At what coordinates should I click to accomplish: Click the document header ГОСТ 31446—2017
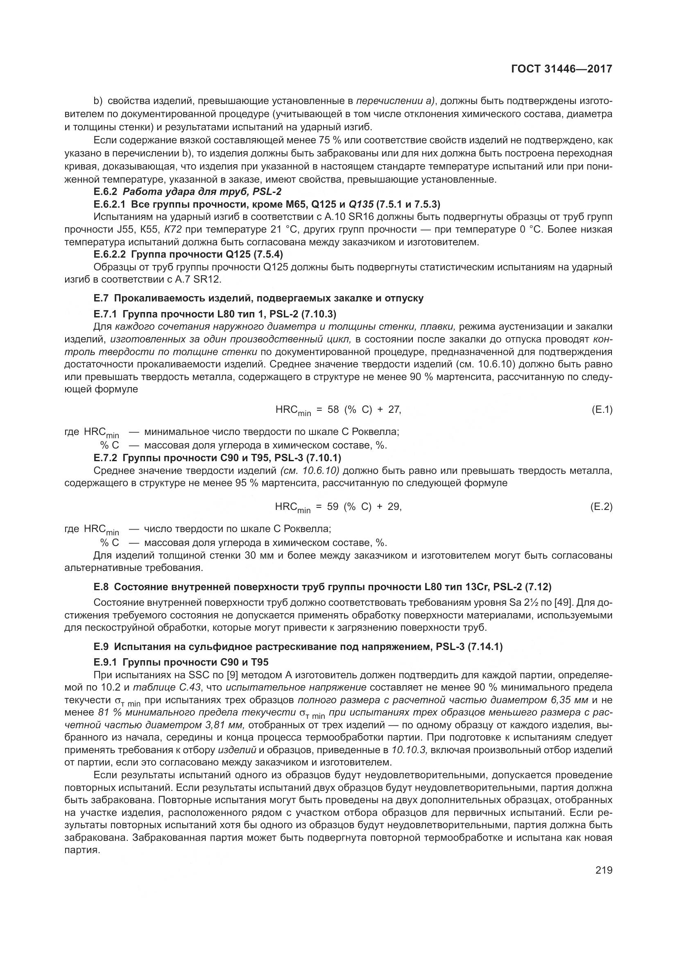562,69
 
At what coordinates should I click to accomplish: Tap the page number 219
604,870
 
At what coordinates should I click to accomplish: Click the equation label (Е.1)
602,410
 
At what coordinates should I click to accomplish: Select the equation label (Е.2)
602,507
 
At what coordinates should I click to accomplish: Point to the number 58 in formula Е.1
333,410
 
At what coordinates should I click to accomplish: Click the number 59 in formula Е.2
333,507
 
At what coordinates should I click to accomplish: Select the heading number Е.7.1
106,313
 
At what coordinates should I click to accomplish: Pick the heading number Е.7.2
106,458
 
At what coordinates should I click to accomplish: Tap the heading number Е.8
101,587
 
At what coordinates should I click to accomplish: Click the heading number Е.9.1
106,662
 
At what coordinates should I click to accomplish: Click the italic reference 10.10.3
409,750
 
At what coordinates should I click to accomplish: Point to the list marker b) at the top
98,101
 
